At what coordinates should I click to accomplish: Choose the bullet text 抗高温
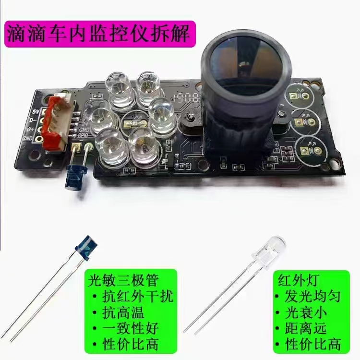[x=120, y=312]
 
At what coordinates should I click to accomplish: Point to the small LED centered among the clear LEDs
[x=129, y=124]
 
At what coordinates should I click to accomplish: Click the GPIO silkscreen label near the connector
[x=87, y=135]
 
